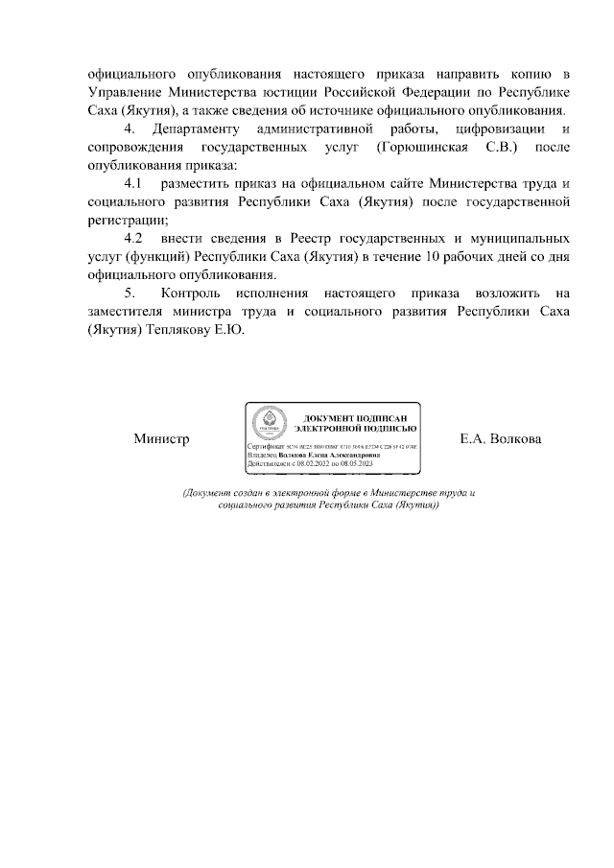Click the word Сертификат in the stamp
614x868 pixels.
[267, 448]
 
